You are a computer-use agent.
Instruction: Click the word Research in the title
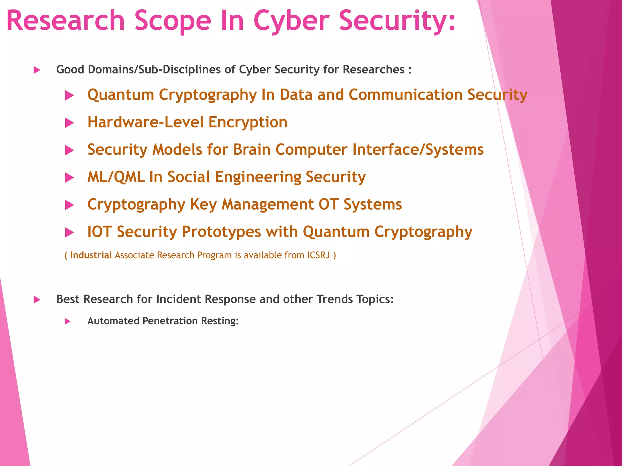66,21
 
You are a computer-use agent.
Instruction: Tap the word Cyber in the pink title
291,21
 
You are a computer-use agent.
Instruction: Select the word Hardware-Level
145,122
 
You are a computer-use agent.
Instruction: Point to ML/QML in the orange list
116,177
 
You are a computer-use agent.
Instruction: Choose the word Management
268,204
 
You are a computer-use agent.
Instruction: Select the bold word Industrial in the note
91,255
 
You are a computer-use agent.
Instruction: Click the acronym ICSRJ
318,255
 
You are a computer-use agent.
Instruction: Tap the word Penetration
170,321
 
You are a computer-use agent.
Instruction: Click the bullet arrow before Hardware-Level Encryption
70,123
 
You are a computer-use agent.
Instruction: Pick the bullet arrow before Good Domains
37,70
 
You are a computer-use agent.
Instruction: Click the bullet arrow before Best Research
37,300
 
